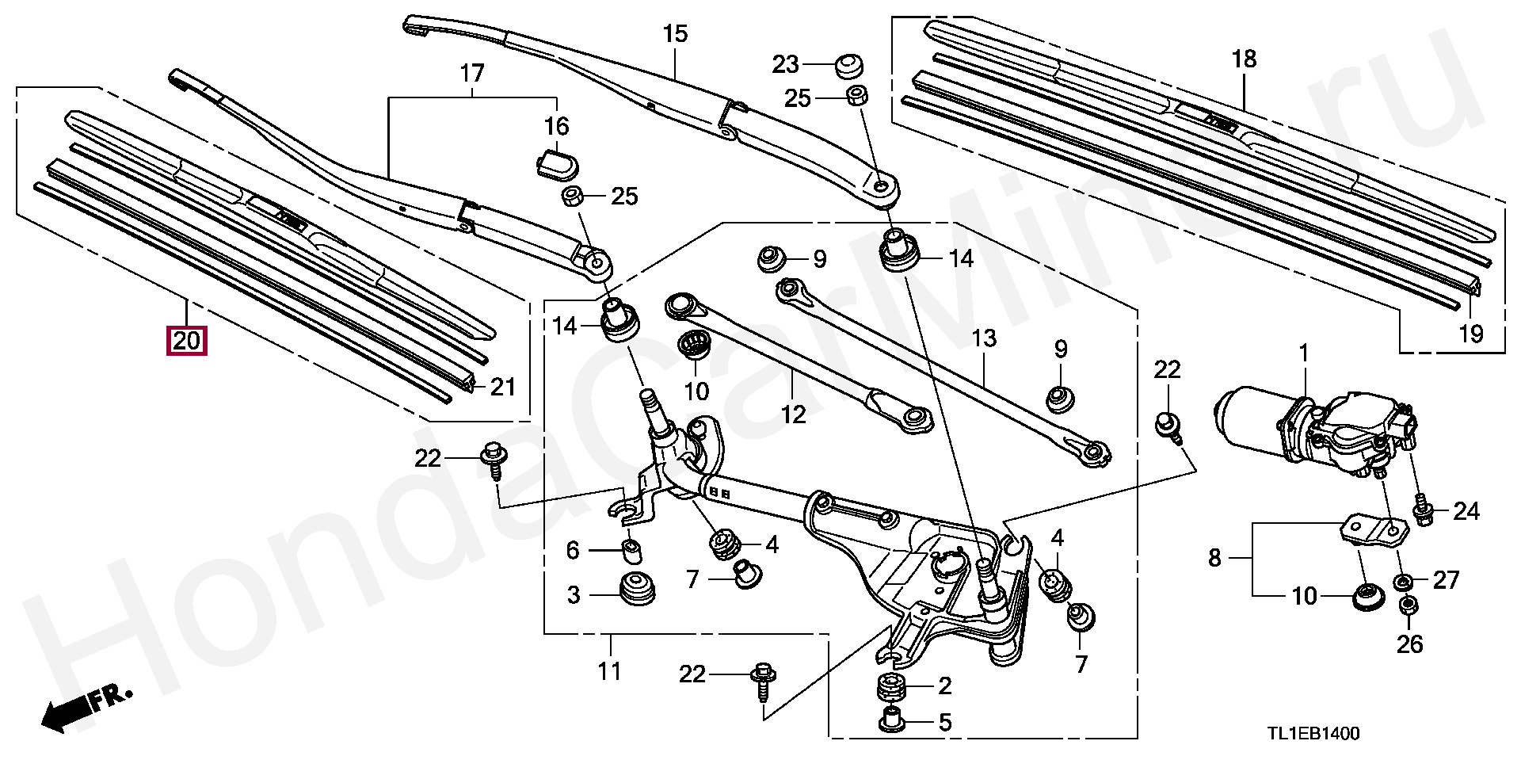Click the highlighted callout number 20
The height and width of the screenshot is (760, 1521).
coord(185,342)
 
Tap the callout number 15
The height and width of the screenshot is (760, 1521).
coord(675,34)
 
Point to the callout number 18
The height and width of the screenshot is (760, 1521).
coord(1244,59)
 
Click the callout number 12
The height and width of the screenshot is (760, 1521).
coord(792,414)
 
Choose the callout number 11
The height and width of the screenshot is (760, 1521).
coord(609,672)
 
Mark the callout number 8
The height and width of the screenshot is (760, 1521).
coord(1214,559)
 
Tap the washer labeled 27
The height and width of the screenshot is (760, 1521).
coord(1402,583)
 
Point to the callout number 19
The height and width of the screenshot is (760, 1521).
coord(1470,334)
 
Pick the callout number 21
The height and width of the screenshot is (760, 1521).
coord(503,388)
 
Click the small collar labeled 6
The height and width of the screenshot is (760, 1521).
coord(632,548)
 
